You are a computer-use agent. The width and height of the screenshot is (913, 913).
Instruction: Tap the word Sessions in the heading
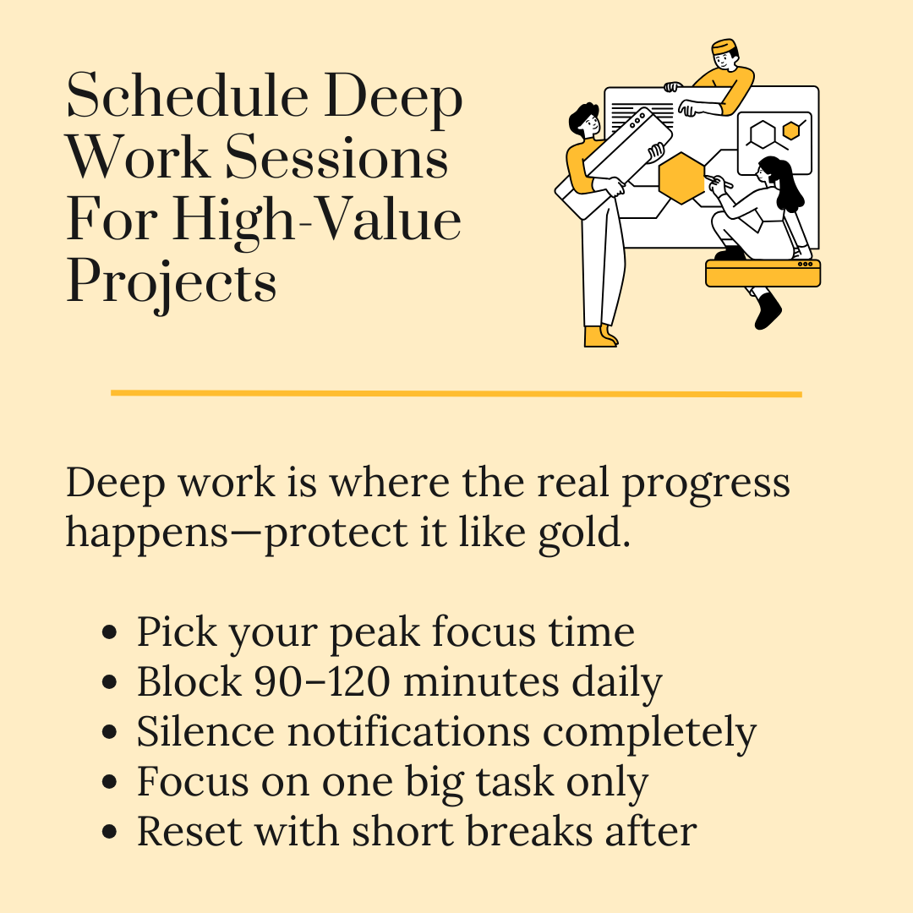[337, 157]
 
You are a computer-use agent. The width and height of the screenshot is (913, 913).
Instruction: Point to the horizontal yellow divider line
[456, 394]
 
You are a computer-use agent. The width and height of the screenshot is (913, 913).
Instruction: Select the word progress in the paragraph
[706, 484]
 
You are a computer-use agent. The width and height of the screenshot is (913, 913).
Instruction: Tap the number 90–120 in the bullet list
[322, 682]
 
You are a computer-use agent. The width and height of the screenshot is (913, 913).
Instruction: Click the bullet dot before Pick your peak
[109, 632]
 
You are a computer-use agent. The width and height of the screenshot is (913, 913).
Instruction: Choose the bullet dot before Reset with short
[109, 832]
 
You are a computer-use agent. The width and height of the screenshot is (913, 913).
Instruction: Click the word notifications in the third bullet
[409, 731]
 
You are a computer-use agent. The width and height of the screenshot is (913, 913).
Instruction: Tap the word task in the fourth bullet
[515, 781]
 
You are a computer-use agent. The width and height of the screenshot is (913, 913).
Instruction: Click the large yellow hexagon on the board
[682, 178]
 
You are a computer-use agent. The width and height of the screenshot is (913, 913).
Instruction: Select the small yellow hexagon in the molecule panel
[790, 131]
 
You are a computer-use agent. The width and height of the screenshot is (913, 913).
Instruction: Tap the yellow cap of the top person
[724, 46]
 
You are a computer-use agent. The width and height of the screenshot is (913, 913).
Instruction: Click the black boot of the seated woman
[768, 311]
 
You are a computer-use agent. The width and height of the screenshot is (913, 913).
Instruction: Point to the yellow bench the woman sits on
[763, 273]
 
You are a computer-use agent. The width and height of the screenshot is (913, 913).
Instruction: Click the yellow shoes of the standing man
[600, 336]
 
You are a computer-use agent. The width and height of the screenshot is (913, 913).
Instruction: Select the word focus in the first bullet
[484, 632]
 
